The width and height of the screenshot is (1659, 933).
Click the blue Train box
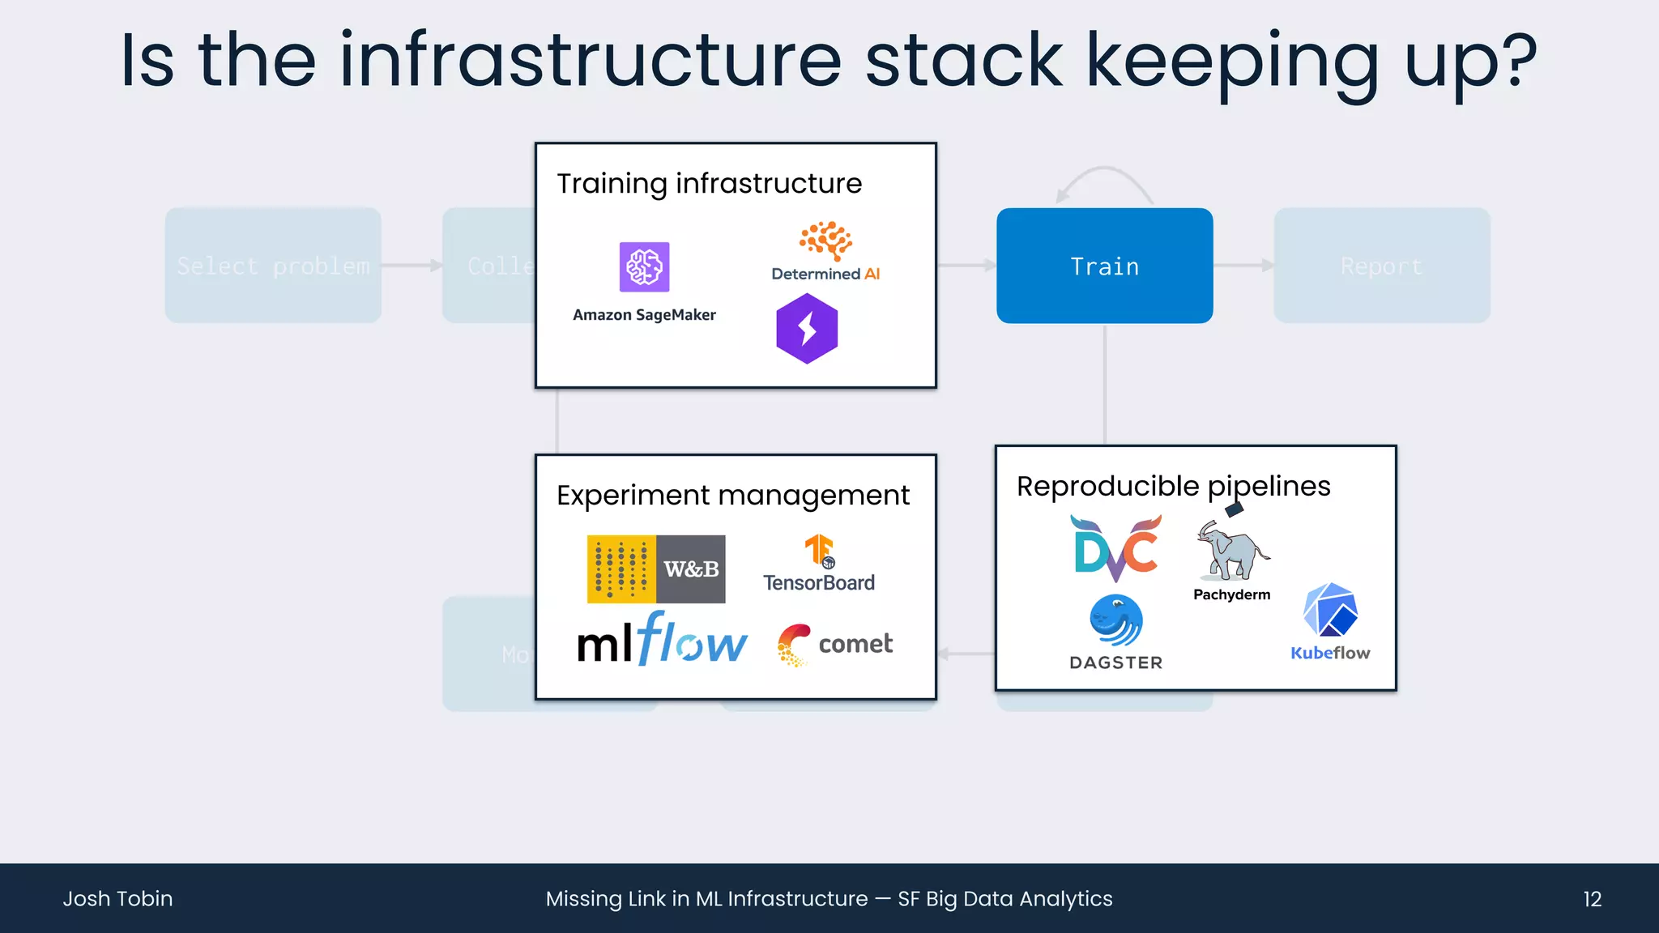pos(1104,266)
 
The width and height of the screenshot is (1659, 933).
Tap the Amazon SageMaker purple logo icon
pos(644,266)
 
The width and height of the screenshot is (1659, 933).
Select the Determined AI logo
pos(825,251)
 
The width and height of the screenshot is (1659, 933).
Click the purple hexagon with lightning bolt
pos(807,329)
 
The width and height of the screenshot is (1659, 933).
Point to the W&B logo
pos(656,569)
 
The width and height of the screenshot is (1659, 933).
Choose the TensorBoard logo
pos(819,564)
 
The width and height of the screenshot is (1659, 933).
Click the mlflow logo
pos(662,640)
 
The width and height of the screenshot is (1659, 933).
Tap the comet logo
pos(835,645)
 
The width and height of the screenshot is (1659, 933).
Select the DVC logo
pos(1117,548)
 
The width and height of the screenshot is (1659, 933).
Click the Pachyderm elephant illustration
pos(1232,551)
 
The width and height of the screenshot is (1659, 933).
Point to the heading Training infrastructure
pos(709,184)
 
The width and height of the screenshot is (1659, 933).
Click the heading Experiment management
pos(732,495)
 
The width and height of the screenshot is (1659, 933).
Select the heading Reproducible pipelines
pos(1173,486)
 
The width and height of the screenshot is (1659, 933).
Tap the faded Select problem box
pos(273,266)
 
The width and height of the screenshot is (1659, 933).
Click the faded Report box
pos(1381,266)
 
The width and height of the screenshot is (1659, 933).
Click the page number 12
pos(1592,899)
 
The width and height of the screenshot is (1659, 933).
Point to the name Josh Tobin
pos(118,899)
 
